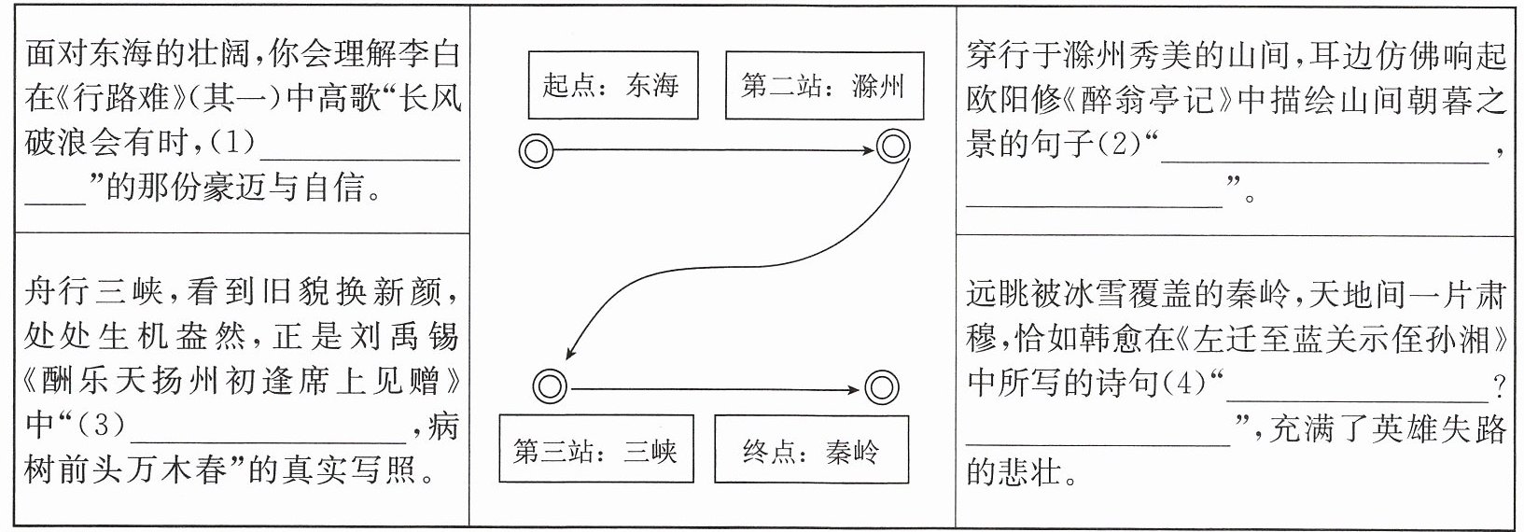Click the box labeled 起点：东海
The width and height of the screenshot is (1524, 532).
click(x=613, y=85)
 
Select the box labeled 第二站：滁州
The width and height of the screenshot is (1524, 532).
click(x=825, y=85)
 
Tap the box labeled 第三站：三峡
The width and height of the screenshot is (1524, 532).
click(x=596, y=449)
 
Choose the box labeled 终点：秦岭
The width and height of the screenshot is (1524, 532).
click(x=811, y=449)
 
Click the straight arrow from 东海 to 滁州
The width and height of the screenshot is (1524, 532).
click(x=714, y=149)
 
